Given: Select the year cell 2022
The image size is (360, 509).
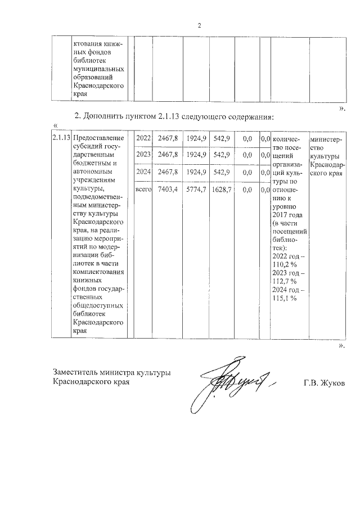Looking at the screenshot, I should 144,138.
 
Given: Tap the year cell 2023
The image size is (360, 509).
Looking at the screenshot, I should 144,155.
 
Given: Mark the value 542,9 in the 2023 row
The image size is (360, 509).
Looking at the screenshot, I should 221,155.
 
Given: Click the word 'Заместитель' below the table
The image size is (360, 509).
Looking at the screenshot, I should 75,372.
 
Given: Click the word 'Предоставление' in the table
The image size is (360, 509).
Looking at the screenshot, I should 99,138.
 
